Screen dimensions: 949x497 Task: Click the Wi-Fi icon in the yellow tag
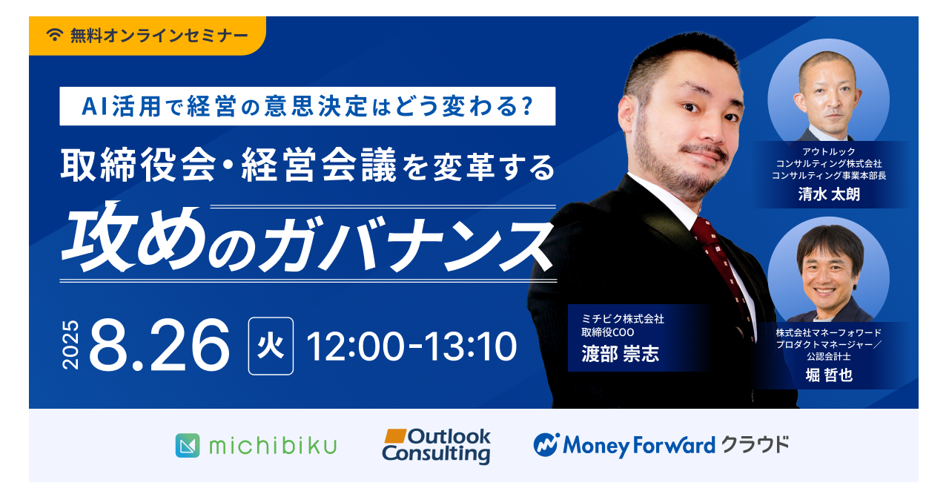click(x=55, y=35)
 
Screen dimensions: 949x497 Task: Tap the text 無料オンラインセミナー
click(x=159, y=35)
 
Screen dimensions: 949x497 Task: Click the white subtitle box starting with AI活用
click(x=307, y=106)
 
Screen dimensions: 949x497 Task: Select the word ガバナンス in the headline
click(x=406, y=244)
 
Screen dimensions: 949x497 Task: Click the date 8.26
click(x=159, y=345)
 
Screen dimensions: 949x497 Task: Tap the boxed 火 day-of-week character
click(x=271, y=346)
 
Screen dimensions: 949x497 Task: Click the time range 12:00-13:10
click(x=411, y=346)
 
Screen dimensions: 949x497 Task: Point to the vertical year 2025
click(x=70, y=345)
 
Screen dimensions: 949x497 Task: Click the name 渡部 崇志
click(x=621, y=354)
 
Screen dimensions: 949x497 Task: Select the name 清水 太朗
click(x=829, y=194)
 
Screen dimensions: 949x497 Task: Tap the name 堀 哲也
click(x=829, y=375)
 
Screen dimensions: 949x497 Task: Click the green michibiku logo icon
click(x=188, y=445)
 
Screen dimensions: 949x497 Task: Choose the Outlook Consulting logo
click(x=437, y=446)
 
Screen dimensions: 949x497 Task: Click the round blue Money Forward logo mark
click(x=546, y=445)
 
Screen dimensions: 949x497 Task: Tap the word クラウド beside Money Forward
click(x=755, y=445)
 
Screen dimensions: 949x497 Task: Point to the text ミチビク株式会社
click(x=623, y=319)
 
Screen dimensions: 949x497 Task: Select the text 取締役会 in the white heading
click(x=138, y=165)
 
